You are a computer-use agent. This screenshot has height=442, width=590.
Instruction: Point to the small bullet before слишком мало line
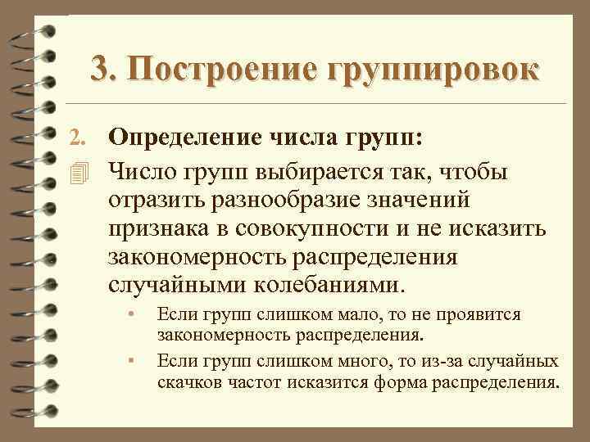(129, 315)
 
